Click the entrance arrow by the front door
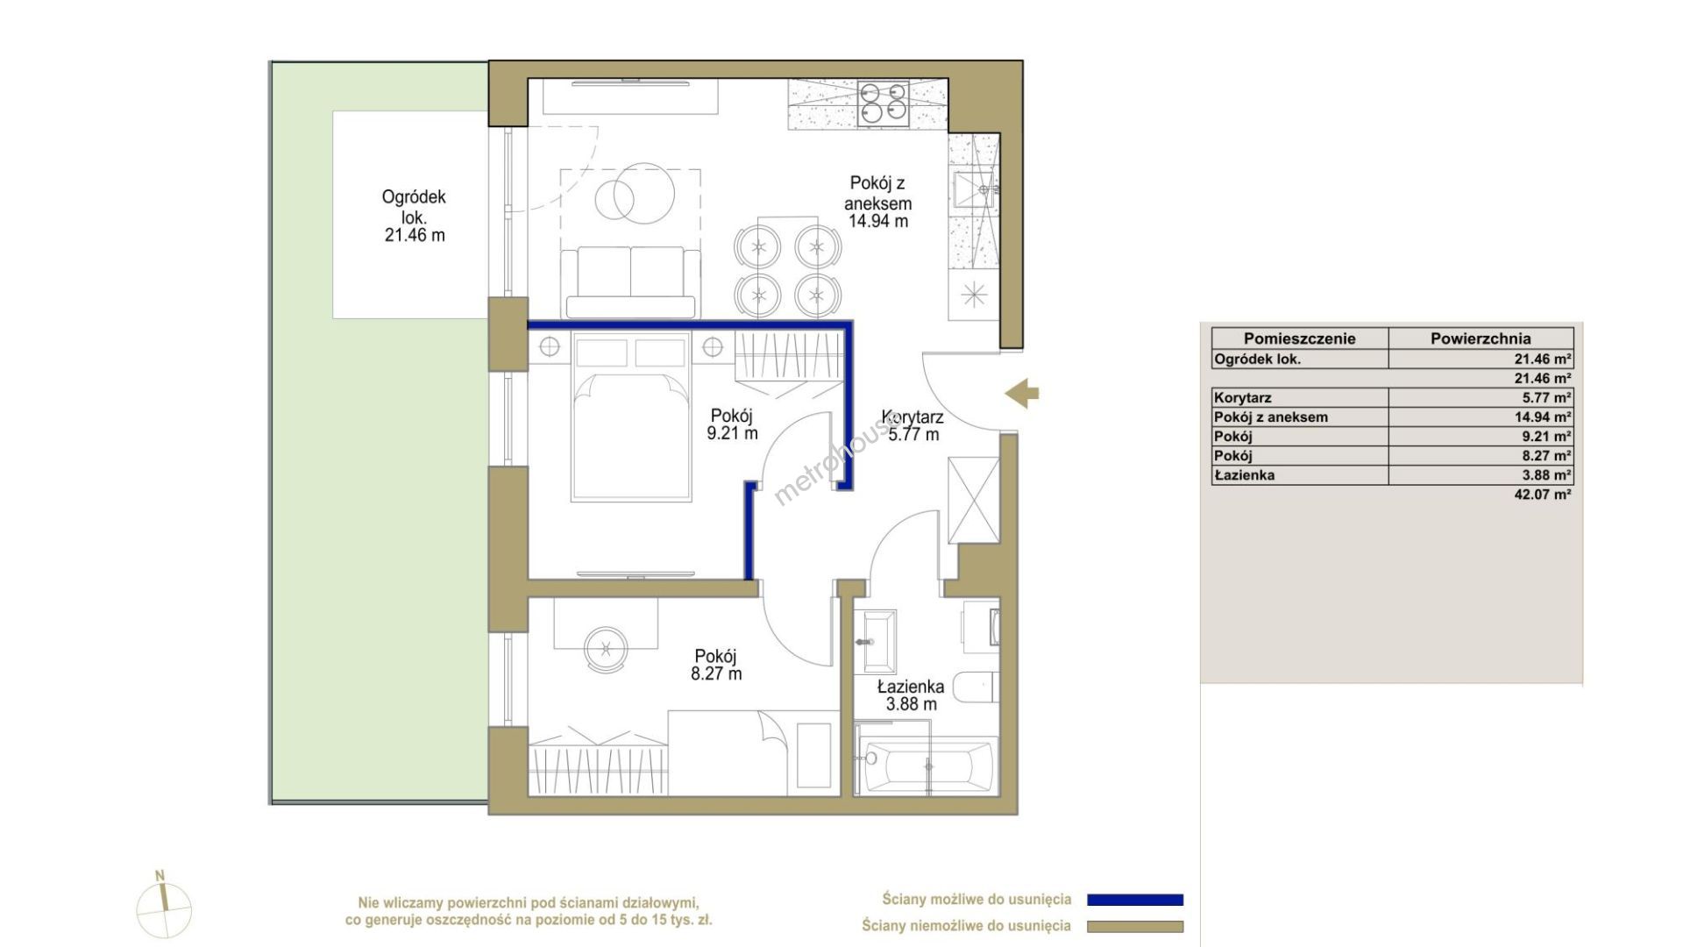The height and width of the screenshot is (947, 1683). coord(1022,394)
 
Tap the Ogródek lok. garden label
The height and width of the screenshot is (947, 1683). coord(414,216)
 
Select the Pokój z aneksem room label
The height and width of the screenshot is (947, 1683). coord(877,202)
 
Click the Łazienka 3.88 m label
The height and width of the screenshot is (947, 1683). coord(911,695)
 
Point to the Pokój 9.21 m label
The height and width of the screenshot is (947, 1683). coord(732,424)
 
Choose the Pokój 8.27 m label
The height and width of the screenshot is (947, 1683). coord(716,665)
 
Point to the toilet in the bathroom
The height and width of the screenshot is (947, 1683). coord(976,688)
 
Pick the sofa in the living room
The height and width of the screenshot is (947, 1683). coord(630,282)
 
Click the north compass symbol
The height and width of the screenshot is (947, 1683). coord(164,907)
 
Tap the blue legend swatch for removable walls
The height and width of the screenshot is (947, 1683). coord(1135,900)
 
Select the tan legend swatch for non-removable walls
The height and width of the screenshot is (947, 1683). coord(1135,927)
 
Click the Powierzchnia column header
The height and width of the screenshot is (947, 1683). coord(1481,338)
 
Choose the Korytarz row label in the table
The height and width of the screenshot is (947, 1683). coord(1243,398)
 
